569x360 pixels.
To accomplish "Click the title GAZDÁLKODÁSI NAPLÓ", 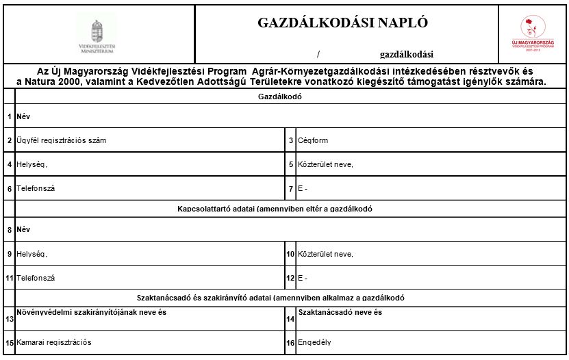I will click(342, 23).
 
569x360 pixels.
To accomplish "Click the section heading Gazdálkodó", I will click(280, 97).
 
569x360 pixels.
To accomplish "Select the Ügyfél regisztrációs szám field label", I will click(61, 140).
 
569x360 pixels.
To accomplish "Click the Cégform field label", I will click(313, 140).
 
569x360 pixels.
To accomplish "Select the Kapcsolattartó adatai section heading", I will click(274, 209).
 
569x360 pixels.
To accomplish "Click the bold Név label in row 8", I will click(23, 229).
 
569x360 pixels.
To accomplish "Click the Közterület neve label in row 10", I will click(325, 254).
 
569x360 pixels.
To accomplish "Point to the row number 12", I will click(290, 278).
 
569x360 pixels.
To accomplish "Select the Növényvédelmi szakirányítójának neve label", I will click(91, 313).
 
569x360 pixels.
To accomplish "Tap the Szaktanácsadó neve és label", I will click(340, 313).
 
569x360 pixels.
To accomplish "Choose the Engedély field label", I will click(314, 342).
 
